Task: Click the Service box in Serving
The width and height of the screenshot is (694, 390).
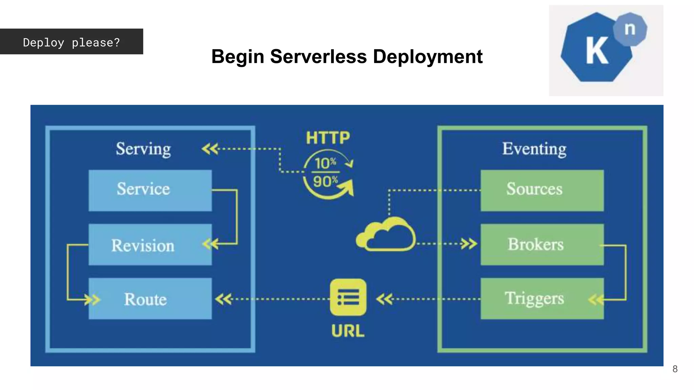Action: click(x=150, y=190)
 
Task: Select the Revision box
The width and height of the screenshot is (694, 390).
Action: click(x=150, y=244)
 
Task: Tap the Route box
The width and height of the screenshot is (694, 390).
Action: click(x=150, y=299)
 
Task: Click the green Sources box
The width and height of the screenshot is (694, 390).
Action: click(x=542, y=190)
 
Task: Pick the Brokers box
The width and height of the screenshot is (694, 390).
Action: click(x=542, y=244)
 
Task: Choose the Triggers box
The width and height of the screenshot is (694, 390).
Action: click(x=542, y=299)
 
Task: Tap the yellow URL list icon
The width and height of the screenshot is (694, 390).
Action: click(x=348, y=297)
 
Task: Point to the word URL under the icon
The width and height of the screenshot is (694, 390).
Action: click(x=348, y=331)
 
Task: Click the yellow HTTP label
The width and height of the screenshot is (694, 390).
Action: click(x=328, y=138)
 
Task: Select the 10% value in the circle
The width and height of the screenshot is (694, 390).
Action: click(x=325, y=164)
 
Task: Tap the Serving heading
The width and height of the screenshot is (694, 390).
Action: click(x=143, y=149)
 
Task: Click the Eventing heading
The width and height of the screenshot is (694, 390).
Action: click(x=534, y=149)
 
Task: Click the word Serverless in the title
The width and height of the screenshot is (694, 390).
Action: click(x=318, y=57)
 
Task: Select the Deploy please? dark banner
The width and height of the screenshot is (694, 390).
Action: click(x=72, y=42)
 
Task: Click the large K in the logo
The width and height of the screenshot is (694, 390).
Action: click(x=597, y=51)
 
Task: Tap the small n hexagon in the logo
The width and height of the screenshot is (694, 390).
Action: click(x=630, y=29)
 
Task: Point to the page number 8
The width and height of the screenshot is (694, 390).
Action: click(x=675, y=369)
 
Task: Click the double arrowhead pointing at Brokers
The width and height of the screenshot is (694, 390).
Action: click(x=469, y=244)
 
